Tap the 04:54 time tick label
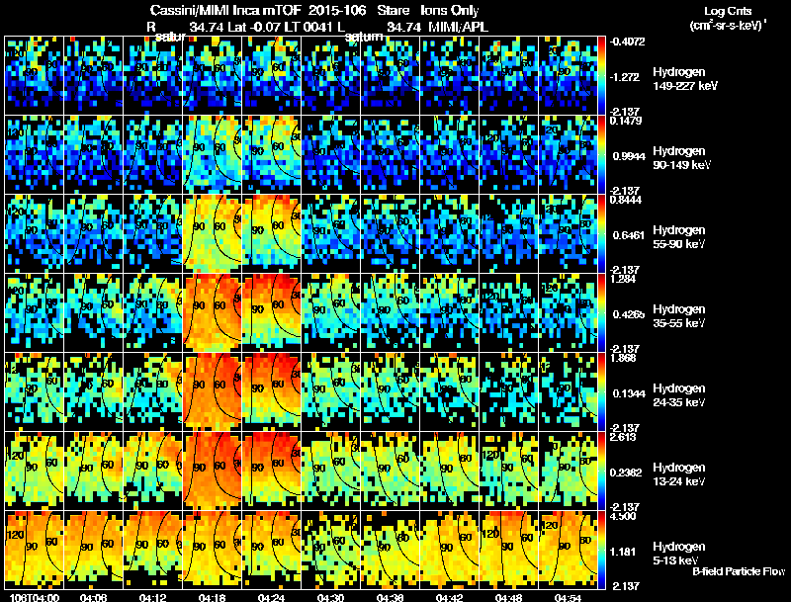coord(567,597)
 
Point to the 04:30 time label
coord(331,597)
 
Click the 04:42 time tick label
coord(450,597)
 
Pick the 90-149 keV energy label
coord(683,165)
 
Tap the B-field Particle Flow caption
coord(739,572)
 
